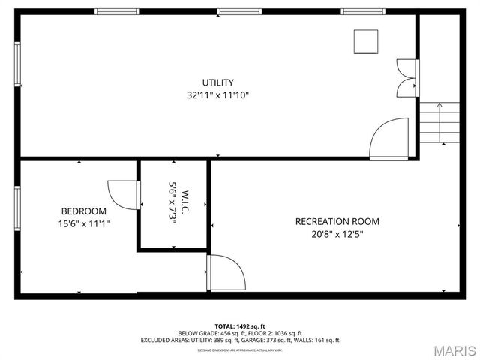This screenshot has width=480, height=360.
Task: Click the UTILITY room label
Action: (217, 82)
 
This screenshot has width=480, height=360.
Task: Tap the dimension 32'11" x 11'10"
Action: (217, 95)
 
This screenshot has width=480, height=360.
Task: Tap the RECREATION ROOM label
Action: (337, 221)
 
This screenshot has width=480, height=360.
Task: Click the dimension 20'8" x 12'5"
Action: (337, 234)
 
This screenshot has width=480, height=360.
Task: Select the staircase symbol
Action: (439, 122)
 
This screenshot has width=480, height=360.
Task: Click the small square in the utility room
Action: (366, 41)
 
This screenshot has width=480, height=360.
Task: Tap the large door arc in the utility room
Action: (390, 139)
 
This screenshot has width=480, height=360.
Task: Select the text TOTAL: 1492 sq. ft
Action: (240, 325)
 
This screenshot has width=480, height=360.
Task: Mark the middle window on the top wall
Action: (240, 12)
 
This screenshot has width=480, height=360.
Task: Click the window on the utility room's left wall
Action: (17, 64)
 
